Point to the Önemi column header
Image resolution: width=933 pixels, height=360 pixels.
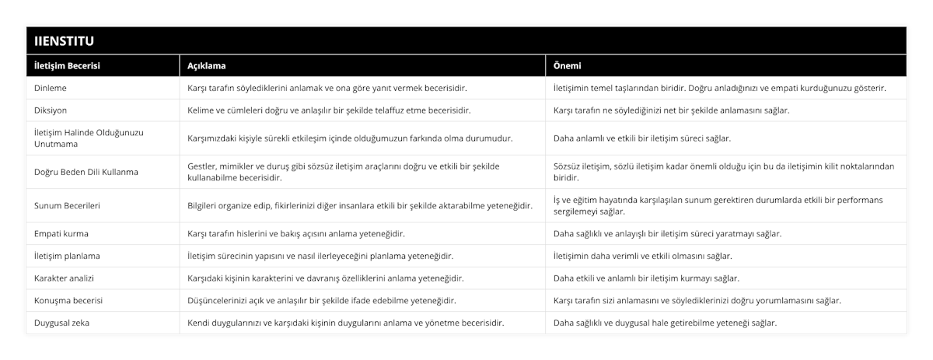point(567,66)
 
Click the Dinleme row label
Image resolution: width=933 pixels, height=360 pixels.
point(51,88)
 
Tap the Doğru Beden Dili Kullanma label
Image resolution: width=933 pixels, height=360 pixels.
point(86,171)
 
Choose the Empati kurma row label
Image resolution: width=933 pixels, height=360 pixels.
point(61,233)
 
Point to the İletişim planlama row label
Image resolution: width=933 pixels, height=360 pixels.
point(67,255)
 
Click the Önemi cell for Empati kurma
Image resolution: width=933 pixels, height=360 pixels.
point(667,233)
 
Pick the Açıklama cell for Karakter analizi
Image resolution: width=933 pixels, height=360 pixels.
point(327,278)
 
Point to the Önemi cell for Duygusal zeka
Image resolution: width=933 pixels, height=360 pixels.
point(664,322)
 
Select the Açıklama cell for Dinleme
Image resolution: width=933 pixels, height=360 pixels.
point(327,88)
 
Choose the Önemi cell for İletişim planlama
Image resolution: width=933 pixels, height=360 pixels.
point(642,255)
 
